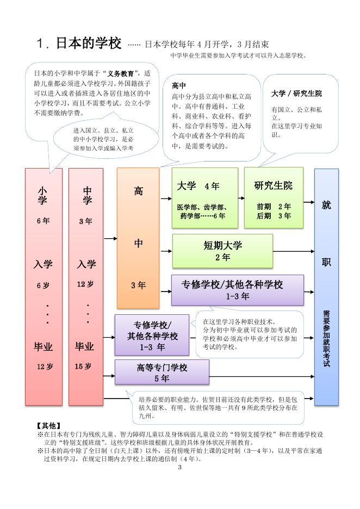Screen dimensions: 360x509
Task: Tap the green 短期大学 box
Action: pyautogui.click(x=222, y=251)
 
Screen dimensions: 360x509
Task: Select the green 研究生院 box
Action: pyautogui.click(x=274, y=197)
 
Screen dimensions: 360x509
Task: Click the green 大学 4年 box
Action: pyautogui.click(x=205, y=197)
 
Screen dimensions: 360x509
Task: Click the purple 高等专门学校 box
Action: pyautogui.click(x=154, y=373)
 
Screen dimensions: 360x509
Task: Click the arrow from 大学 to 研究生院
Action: pyautogui.click(x=241, y=197)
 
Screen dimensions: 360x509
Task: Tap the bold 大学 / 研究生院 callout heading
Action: pyautogui.click(x=296, y=94)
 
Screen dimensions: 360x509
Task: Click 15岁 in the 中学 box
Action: pyautogui.click(x=83, y=367)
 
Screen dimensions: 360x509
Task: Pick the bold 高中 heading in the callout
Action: pyautogui.click(x=179, y=86)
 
